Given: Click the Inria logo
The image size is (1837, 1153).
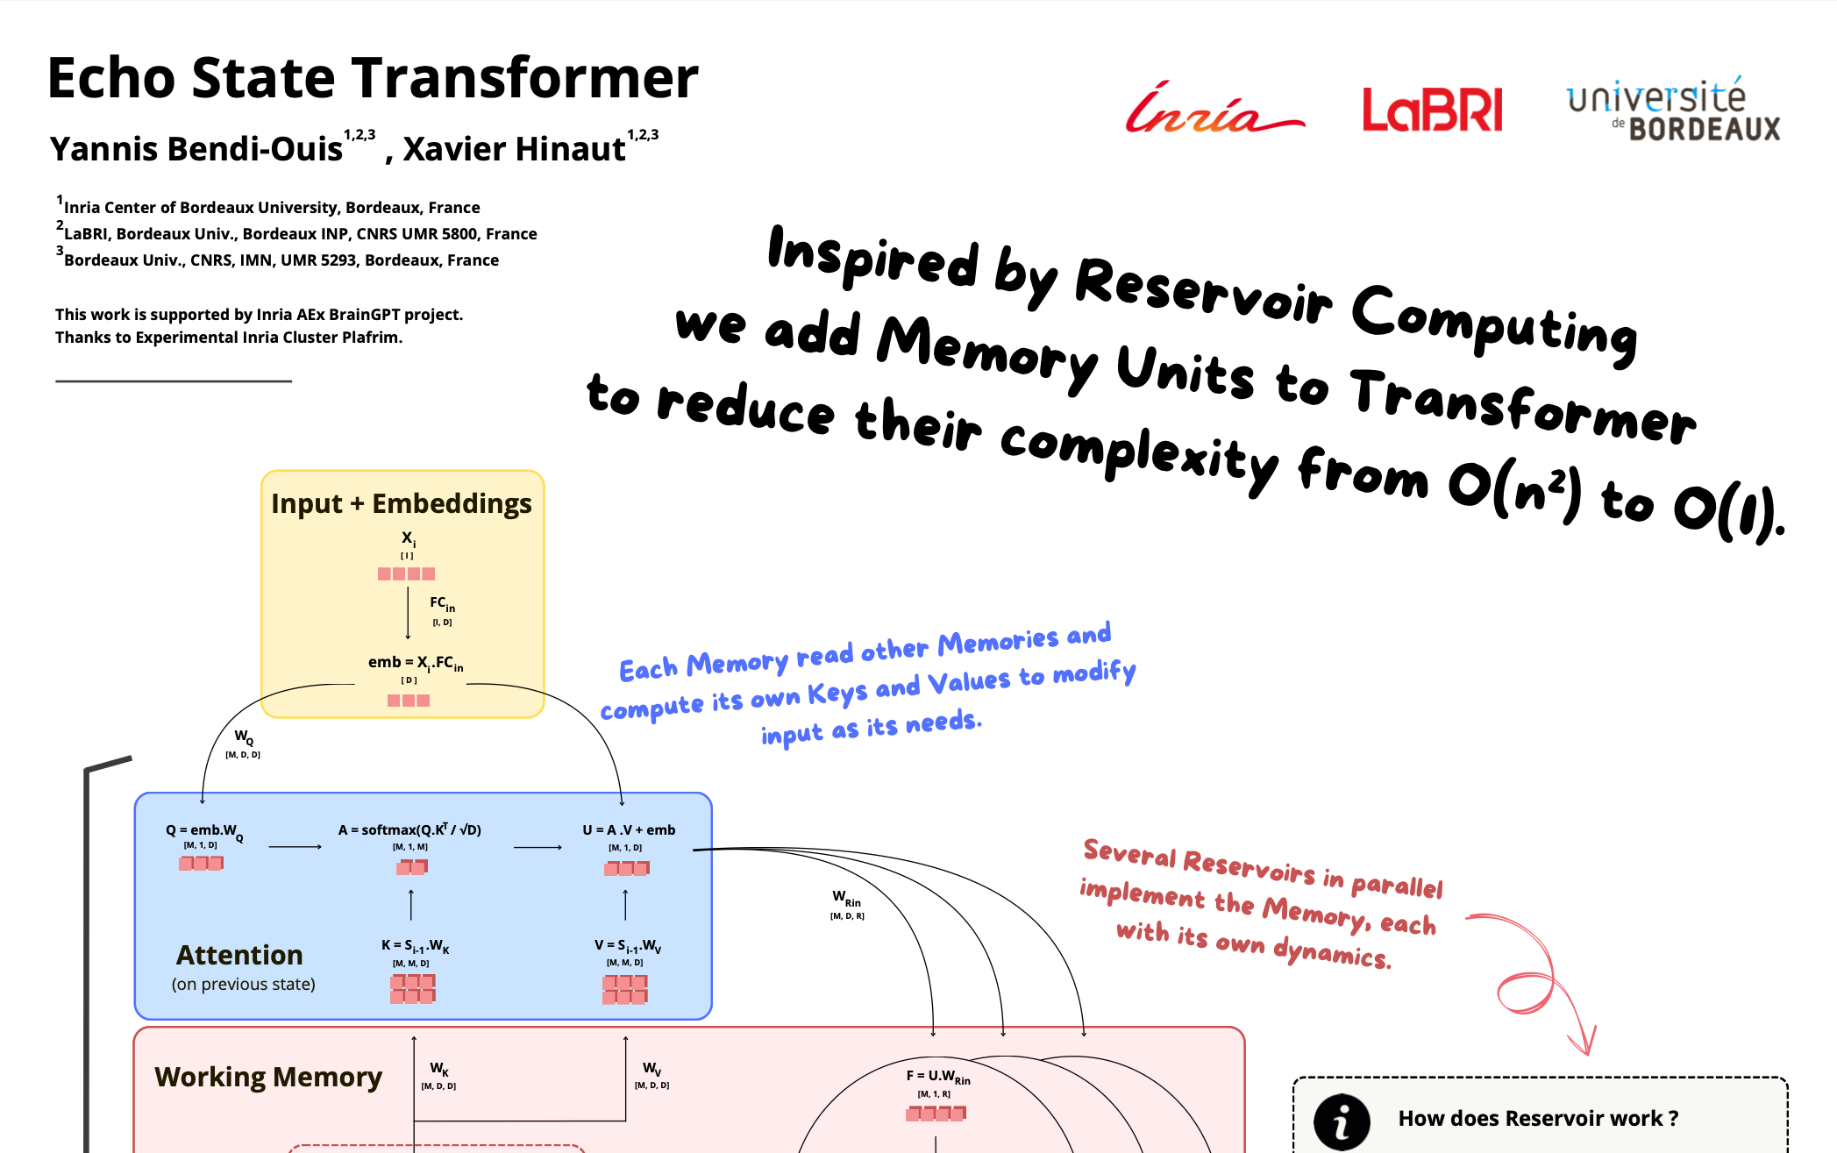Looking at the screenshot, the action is pos(1214,109).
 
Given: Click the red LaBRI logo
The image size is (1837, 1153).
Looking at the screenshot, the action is pos(1432,110).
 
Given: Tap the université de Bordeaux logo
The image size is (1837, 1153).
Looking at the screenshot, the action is pos(1673,110).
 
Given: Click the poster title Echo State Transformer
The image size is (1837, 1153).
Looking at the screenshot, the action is pos(373,77).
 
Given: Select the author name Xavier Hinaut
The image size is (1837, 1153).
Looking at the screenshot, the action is pos(514,149).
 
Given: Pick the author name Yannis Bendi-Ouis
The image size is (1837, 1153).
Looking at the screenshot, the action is pos(196,149).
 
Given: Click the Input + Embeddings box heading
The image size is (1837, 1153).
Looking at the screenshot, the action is pos(402,503).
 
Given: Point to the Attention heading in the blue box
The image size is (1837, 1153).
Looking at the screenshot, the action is pos(239,955).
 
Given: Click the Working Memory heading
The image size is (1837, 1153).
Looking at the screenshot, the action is pos(268,1077).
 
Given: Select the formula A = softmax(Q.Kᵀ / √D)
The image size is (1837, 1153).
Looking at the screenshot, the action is pos(409,829).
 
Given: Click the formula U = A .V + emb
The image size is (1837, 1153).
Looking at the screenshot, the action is pos(629,829).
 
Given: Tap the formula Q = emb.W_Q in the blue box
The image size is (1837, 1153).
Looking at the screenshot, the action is pos(204,831).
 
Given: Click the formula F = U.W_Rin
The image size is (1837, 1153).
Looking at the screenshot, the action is pos(938,1077).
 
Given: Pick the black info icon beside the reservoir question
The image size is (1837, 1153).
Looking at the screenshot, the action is pos(1342,1121).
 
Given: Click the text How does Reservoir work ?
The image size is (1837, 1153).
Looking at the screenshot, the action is pos(1538,1118).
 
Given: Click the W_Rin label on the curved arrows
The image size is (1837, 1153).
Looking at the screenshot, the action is pos(846,898).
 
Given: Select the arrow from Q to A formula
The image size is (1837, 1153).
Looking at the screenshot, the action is pos(295,847).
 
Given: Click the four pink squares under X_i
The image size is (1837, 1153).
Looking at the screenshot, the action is pos(406,573).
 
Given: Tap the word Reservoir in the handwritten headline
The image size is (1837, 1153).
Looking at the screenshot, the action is pos(1203,290).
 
